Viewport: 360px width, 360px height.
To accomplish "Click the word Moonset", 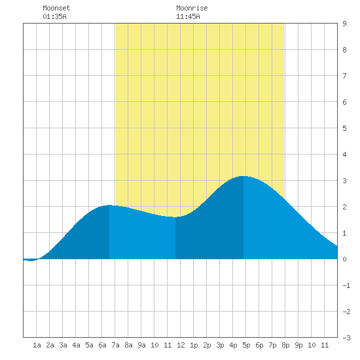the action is (x=56, y=8).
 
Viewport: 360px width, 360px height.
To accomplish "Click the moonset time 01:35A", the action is (x=54, y=16).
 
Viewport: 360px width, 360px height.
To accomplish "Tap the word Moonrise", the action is (x=192, y=8).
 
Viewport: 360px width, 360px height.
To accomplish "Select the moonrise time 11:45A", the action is (x=188, y=16).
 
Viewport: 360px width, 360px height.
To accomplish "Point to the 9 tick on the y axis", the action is (x=344, y=24).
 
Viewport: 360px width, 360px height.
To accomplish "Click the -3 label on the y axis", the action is (x=346, y=338).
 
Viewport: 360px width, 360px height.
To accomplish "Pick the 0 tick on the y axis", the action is (x=344, y=259).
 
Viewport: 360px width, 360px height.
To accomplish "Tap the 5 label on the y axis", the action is (x=344, y=128).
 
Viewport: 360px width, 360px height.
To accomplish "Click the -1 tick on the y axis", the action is (x=346, y=285).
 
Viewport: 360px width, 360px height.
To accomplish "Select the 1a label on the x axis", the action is (x=37, y=345).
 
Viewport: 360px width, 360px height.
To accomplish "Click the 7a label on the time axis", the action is (x=115, y=345).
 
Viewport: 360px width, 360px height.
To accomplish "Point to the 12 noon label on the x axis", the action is (x=181, y=345).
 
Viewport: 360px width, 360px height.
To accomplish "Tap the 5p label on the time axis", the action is (x=246, y=345).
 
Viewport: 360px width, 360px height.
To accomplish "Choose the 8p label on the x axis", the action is (x=285, y=345).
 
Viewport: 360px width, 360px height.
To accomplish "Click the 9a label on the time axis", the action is (x=141, y=345).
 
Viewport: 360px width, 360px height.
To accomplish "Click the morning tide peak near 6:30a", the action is (x=109, y=206).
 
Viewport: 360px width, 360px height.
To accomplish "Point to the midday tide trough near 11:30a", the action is (x=175, y=217).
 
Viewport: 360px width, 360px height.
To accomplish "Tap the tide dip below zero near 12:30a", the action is (x=30, y=261).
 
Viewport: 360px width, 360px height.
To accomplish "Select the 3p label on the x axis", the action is (x=220, y=345).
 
